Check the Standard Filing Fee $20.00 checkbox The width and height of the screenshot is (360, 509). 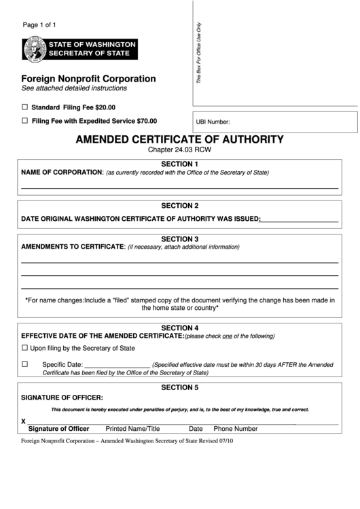pos(25,107)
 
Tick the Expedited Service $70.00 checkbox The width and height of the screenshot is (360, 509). pos(25,120)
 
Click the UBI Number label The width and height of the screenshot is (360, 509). pos(213,123)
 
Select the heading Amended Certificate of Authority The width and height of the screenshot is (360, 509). pos(179,139)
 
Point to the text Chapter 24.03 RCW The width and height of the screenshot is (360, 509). pos(179,150)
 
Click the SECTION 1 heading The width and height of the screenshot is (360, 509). pos(179,164)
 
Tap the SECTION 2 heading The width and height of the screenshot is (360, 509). pos(179,205)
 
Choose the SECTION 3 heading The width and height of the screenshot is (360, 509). pos(179,239)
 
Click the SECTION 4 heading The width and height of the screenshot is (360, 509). pos(179,328)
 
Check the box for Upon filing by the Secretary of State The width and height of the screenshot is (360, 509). pos(25,348)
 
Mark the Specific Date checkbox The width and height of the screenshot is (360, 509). pos(25,364)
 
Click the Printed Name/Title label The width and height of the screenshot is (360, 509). pos(132,429)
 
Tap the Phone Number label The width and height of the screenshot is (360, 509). pos(236,429)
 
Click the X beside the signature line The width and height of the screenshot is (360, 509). pos(24,421)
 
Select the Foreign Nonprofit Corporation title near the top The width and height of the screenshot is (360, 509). pos(88,79)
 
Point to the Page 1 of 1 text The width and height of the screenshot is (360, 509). pos(40,25)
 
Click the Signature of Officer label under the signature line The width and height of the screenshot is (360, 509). pos(58,429)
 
